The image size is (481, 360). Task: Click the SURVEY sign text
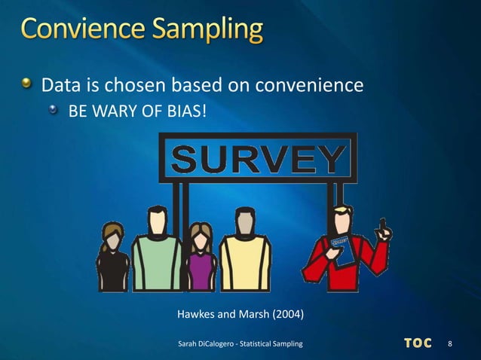tap(257, 158)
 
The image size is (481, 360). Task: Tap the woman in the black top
tap(113, 260)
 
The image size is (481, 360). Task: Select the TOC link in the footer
tap(418, 344)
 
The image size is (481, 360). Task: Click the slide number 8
tap(450, 344)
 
